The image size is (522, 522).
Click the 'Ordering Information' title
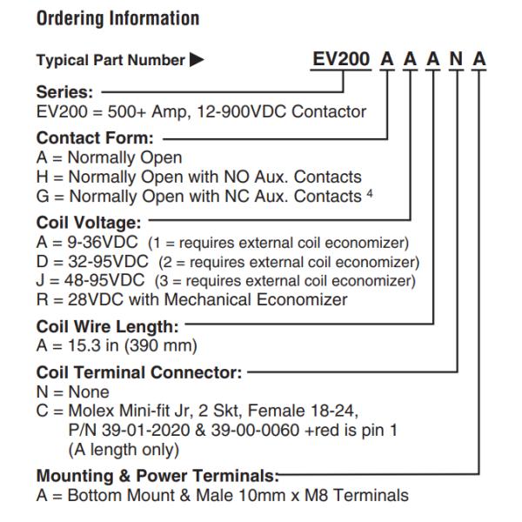[117, 18]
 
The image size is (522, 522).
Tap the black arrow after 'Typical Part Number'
[197, 60]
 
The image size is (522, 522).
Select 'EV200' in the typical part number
[341, 59]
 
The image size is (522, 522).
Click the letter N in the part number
[456, 59]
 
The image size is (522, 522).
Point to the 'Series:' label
[64, 92]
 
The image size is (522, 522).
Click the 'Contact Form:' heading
[95, 137]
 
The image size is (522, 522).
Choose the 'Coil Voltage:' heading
[89, 223]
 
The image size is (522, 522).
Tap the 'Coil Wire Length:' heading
[108, 326]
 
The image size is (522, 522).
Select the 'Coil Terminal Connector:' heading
[139, 372]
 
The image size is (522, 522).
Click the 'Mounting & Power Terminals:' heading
[157, 475]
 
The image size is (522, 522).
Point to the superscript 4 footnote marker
[370, 193]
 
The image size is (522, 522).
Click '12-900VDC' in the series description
[242, 111]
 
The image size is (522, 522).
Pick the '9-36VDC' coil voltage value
[103, 242]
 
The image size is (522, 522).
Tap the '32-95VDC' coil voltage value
[108, 261]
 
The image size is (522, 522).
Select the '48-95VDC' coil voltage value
[104, 280]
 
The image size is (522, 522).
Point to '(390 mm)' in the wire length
[161, 345]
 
